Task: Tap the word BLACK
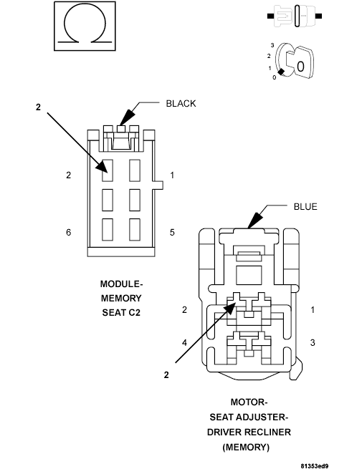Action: [181, 104]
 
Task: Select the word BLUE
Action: [305, 207]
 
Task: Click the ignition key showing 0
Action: [295, 61]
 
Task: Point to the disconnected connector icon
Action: [295, 16]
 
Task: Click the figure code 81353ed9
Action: [315, 466]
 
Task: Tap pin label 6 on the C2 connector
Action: [69, 232]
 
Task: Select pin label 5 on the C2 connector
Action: [172, 232]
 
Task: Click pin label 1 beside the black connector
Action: [172, 175]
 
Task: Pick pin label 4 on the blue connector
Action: [184, 342]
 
